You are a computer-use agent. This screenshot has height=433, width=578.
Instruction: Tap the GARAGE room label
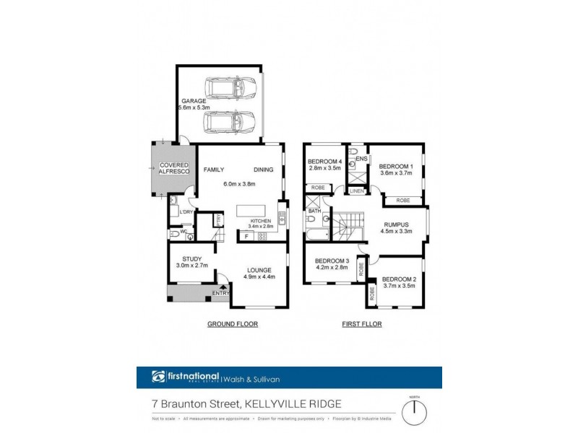193,101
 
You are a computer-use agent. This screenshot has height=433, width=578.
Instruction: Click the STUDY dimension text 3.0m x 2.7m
191,266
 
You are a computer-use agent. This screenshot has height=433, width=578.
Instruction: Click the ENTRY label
220,293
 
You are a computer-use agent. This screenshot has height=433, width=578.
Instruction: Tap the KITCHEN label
260,220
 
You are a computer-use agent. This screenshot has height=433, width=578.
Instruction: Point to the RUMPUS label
395,224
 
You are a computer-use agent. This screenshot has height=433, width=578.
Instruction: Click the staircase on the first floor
347,226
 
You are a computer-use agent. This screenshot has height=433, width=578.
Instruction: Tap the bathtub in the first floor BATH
317,236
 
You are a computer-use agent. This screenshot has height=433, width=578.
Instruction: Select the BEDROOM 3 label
332,260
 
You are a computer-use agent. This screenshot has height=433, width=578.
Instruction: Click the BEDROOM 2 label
398,279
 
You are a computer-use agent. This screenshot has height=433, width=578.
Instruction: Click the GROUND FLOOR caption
233,325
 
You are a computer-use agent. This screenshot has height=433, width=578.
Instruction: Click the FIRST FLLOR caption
361,325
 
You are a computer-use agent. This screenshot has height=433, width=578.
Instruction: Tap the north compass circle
415,413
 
